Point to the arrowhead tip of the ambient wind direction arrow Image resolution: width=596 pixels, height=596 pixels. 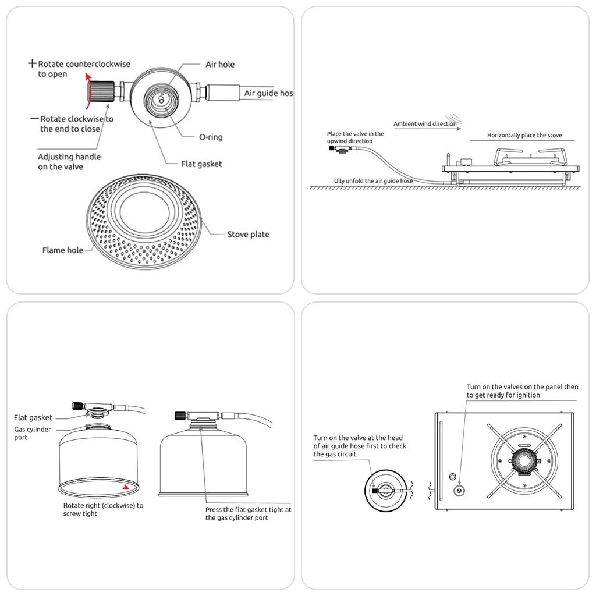point(461,129)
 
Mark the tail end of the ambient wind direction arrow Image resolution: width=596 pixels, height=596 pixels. point(394,129)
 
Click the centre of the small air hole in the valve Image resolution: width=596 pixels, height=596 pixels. point(161,100)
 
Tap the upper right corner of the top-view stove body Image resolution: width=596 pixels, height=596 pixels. point(574,413)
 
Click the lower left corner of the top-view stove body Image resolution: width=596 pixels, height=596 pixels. point(435,509)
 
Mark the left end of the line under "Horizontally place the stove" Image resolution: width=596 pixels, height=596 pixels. point(470,141)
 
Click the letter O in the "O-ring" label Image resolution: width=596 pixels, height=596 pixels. point(203,137)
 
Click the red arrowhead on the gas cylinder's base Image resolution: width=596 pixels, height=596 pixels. point(126,487)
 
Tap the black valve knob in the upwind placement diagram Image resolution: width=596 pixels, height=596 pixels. point(331,148)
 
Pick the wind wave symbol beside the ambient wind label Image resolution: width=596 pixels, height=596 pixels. point(454,118)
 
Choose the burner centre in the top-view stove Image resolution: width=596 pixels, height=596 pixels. point(524,461)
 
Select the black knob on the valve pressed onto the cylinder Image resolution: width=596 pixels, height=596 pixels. point(180,416)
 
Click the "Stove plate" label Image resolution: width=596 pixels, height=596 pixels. point(248,234)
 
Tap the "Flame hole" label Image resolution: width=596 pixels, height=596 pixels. point(63,250)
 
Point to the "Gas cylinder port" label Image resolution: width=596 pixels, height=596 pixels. point(33,433)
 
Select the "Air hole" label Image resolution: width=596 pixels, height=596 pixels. point(220,64)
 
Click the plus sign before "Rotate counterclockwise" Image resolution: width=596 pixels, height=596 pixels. point(33,63)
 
